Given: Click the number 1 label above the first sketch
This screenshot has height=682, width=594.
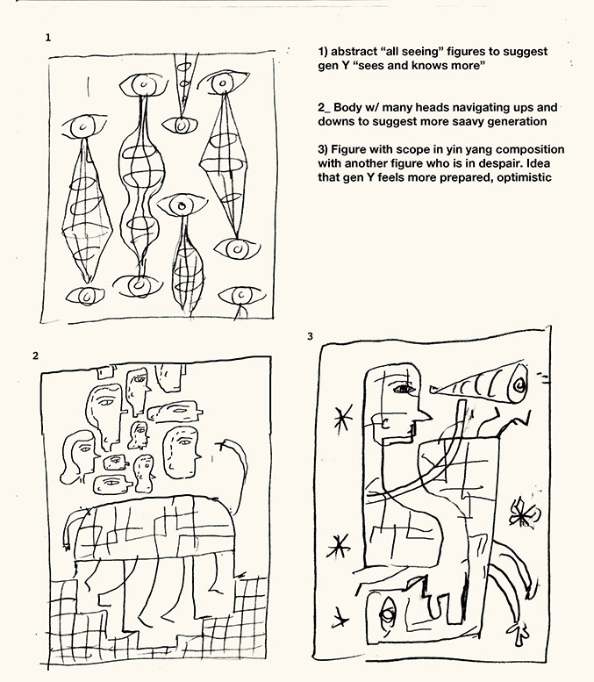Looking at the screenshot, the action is point(48,38).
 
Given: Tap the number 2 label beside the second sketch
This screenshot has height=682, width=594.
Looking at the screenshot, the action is point(35,355).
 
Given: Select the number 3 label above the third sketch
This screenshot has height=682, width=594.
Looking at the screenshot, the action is point(310,336).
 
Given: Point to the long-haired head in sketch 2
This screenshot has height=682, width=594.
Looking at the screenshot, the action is point(78,455).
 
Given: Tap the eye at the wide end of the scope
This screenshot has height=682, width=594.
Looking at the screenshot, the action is point(519,385).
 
